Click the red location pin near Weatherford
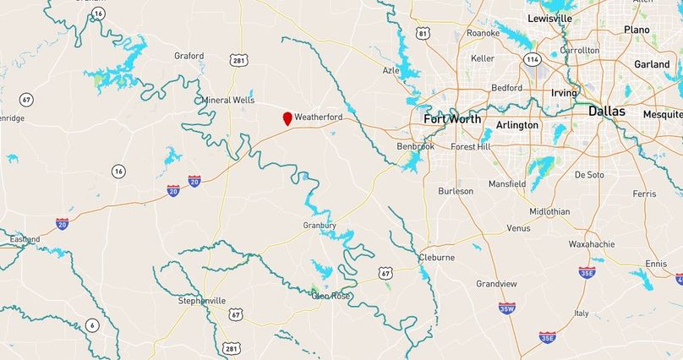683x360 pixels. (x=287, y=118)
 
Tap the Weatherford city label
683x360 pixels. (x=319, y=117)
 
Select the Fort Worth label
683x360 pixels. (x=452, y=119)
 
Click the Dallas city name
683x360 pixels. (x=607, y=112)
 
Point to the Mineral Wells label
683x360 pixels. (x=227, y=100)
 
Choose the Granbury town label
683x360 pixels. (x=320, y=226)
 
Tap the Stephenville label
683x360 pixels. (x=202, y=300)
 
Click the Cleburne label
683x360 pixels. (x=437, y=257)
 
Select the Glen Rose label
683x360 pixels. (x=331, y=296)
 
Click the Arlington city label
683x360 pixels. (x=517, y=125)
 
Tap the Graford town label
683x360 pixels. (x=189, y=56)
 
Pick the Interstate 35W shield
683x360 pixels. (x=507, y=308)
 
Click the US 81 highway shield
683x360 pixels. (x=423, y=33)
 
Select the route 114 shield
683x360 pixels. (x=532, y=59)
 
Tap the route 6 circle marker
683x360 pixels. (x=92, y=325)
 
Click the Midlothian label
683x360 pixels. (x=549, y=211)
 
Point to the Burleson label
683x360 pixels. (x=456, y=191)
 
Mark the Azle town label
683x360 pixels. (x=391, y=70)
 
